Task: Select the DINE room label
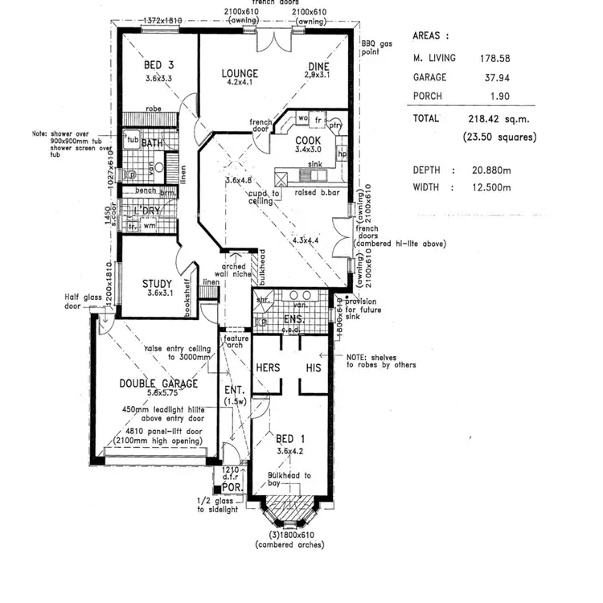click(319, 68)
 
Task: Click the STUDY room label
click(158, 283)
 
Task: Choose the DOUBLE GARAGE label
click(158, 384)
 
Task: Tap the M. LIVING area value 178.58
click(494, 58)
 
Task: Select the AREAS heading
click(431, 36)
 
